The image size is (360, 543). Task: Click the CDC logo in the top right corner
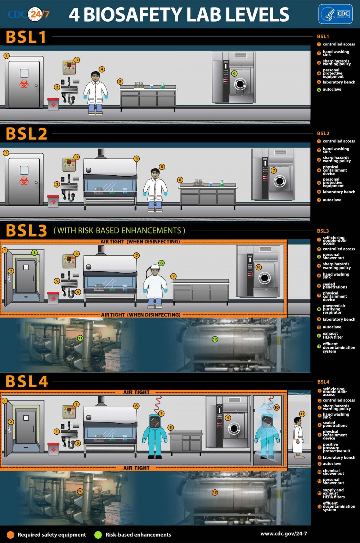335,14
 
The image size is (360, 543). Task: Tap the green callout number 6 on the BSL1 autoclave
234,73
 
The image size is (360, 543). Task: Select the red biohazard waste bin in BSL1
53,104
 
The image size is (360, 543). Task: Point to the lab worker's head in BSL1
95,75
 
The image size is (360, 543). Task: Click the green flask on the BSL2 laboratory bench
222,183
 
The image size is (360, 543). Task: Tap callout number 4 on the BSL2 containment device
136,158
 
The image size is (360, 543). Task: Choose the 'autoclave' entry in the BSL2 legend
332,200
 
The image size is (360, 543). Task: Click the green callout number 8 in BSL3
161,263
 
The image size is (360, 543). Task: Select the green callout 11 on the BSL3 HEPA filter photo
80,338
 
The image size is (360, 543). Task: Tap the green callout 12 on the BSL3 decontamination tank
215,339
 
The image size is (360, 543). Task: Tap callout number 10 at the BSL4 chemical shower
276,407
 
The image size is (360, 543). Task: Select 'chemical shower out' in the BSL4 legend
333,472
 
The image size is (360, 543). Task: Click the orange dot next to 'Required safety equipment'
10,534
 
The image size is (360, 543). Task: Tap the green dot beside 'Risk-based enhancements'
98,534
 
